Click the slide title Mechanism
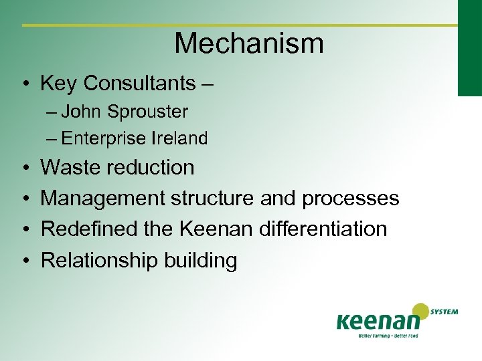[249, 44]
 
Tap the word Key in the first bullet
[59, 84]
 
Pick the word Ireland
[179, 138]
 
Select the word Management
[103, 199]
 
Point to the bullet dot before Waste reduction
[23, 168]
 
